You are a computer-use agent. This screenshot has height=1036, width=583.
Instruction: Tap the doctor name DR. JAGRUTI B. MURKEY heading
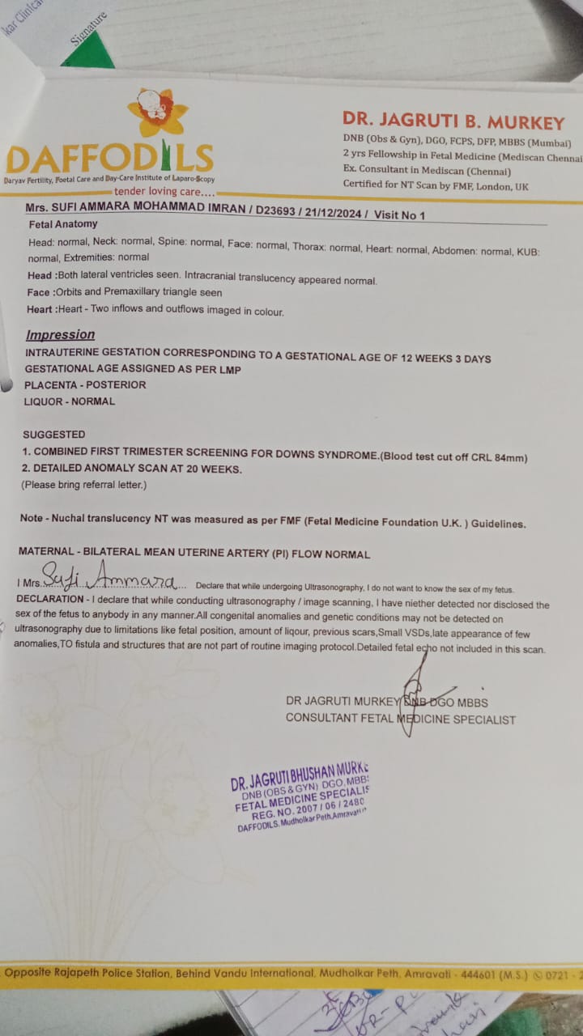pyautogui.click(x=453, y=123)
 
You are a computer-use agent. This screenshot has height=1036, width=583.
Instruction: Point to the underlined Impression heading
pyautogui.click(x=60, y=335)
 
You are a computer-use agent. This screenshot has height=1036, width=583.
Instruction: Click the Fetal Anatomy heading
pyautogui.click(x=63, y=224)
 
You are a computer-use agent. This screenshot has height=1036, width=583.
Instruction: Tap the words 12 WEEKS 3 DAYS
pyautogui.click(x=450, y=358)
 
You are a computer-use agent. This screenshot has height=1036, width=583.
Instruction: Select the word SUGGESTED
pyautogui.click(x=53, y=435)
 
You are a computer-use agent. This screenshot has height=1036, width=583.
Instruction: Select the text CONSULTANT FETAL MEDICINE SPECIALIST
pyautogui.click(x=400, y=719)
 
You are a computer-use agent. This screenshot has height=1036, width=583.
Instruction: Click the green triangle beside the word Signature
pyautogui.click(x=89, y=55)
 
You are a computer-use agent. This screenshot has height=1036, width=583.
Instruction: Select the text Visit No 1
pyautogui.click(x=398, y=214)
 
